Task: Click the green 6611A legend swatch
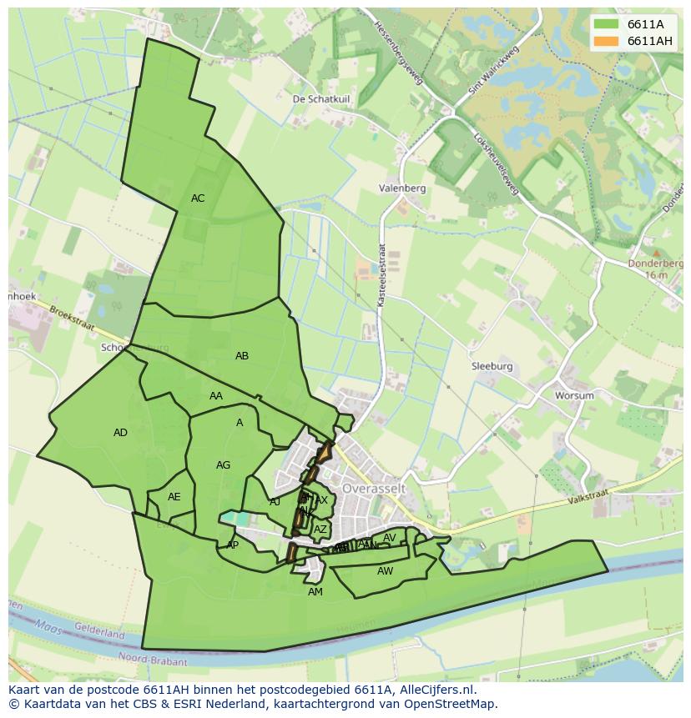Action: (607, 24)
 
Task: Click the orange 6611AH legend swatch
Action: (607, 41)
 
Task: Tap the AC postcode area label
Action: (198, 198)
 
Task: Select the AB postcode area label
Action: (242, 356)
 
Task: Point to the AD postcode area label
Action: (121, 433)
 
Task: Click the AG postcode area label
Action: (223, 465)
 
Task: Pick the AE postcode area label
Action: (174, 497)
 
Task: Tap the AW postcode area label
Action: (385, 571)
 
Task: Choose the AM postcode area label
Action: (315, 592)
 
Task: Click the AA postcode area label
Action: (216, 396)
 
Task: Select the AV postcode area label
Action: (390, 538)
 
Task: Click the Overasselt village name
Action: (373, 486)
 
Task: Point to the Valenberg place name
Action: (402, 188)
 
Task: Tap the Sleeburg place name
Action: (492, 366)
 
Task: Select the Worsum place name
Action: (574, 396)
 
